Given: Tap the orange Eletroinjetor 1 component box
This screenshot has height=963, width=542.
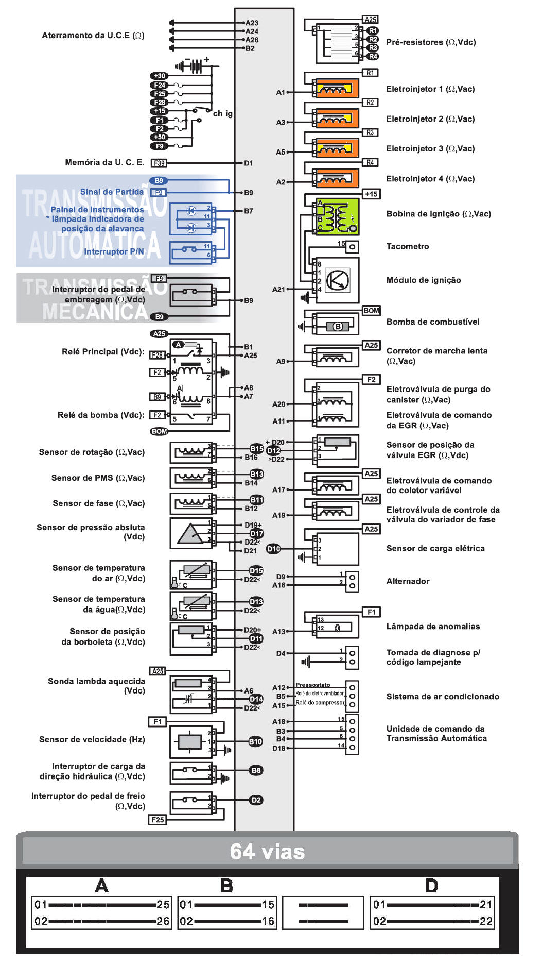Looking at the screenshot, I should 337,89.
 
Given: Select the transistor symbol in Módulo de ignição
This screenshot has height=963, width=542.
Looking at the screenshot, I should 338,280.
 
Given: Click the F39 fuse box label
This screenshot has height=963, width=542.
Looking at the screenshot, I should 159,163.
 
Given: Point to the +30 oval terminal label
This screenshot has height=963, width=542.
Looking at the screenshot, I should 160,76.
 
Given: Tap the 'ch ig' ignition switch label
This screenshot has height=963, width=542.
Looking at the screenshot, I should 222,113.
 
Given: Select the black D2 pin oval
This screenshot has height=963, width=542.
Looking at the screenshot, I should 256,800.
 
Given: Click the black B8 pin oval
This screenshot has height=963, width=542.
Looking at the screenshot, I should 256,770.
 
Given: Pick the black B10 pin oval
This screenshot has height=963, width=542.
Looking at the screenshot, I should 256,741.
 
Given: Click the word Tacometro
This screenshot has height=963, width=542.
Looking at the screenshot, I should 407,246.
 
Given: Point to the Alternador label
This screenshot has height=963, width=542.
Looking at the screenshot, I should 408,581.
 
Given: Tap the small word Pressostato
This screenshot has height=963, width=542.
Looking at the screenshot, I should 313,685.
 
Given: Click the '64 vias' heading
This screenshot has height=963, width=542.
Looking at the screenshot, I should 267,852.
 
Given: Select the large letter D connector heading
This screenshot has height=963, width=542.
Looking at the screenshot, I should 431,886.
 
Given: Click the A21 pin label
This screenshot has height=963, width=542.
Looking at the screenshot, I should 278,290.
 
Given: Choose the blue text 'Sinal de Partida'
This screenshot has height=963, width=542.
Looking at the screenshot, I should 112,192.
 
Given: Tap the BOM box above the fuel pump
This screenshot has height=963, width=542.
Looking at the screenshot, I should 371,311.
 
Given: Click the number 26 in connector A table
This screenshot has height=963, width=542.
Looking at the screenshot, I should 163,921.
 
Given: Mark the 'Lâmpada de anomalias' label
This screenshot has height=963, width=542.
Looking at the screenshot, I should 433,627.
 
